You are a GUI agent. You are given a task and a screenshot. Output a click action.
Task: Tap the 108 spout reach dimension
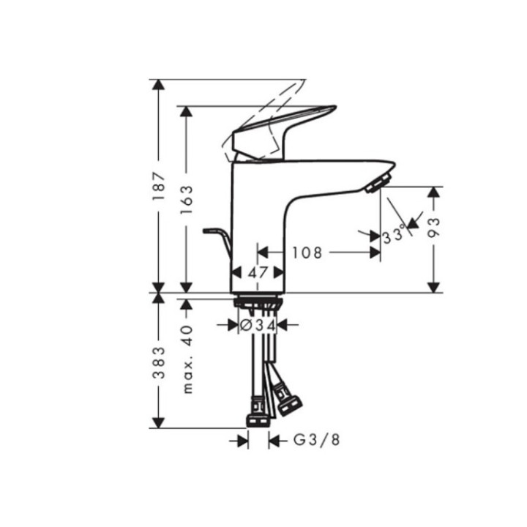pyautogui.click(x=307, y=253)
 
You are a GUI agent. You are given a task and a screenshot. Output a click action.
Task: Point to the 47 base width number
pyautogui.click(x=257, y=272)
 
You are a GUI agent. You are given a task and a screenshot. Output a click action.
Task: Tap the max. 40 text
pyautogui.click(x=187, y=359)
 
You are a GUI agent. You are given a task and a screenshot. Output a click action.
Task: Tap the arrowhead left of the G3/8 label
pyautogui.click(x=242, y=441)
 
